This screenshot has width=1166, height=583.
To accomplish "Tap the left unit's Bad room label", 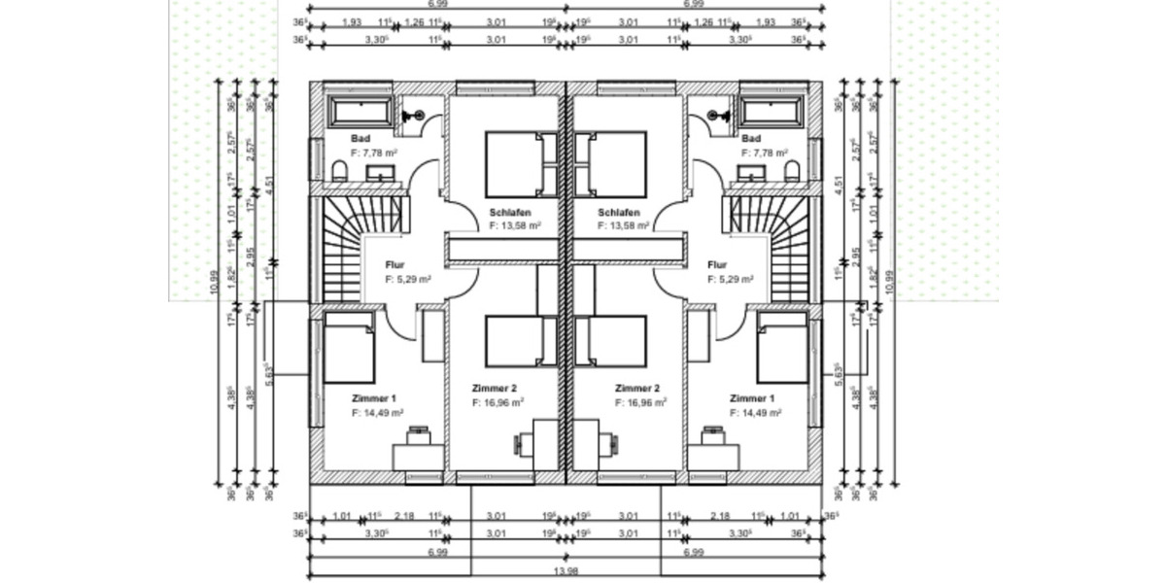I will coord(360,139).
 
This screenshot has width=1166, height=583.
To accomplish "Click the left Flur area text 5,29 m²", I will coord(408,279).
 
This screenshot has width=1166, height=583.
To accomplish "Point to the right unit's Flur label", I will coord(717,264).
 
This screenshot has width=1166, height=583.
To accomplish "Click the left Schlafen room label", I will coord(510,212).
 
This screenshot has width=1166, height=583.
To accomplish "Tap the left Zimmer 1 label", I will coord(374,398).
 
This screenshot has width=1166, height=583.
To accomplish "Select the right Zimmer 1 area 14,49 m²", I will coord(756,413).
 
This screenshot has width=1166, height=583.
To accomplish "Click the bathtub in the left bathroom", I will coord(361,110).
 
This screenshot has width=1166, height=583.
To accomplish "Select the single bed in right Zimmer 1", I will coord(782,348).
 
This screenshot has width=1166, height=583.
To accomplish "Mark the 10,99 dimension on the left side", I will coord(214,288).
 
